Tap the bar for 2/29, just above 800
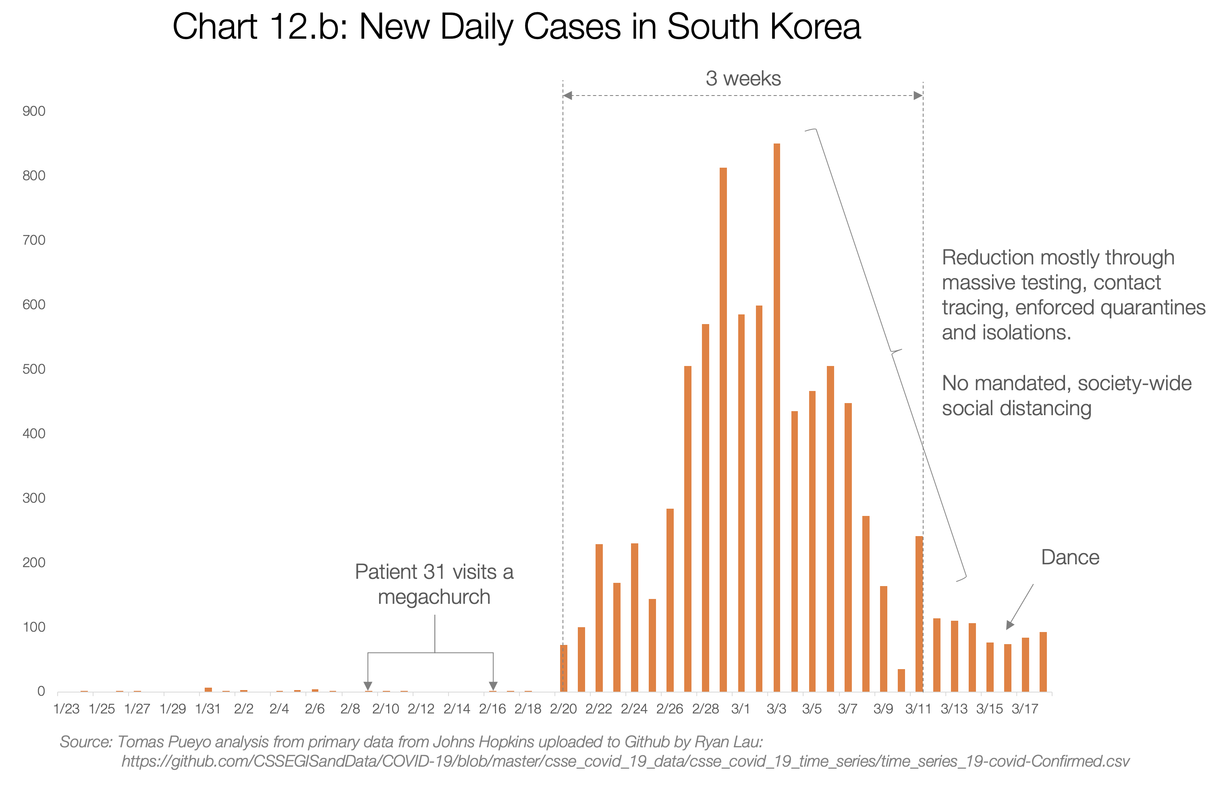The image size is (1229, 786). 723,429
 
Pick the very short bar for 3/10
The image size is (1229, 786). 901,680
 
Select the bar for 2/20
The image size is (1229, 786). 563,668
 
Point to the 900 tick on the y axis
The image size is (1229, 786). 34,111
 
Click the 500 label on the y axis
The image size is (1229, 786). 34,369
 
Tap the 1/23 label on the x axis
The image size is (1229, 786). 66,709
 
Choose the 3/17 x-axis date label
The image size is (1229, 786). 1025,709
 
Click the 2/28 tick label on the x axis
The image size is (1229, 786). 705,709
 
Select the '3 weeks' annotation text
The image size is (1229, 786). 743,79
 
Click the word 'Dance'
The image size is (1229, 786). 1070,557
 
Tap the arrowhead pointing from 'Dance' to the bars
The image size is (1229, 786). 1009,625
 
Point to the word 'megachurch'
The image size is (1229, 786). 434,597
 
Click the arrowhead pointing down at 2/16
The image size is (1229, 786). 493,686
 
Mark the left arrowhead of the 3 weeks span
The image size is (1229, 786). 567,96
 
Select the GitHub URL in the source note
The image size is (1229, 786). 625,761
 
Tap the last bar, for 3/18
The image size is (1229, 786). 1043,662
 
